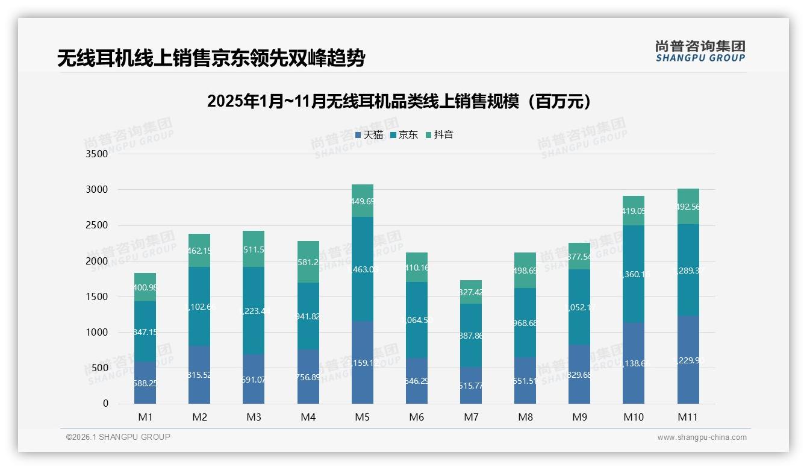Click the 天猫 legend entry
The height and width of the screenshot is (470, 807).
(369, 135)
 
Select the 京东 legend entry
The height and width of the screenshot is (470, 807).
(404, 135)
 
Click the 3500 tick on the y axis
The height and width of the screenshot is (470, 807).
(97, 154)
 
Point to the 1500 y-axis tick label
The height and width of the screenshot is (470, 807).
(97, 296)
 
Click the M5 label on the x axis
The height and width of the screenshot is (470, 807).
(363, 417)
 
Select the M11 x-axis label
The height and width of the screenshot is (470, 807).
(688, 417)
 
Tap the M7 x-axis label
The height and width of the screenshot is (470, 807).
(471, 417)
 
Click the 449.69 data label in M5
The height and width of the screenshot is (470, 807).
(363, 201)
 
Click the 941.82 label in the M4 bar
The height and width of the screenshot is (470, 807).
(308, 316)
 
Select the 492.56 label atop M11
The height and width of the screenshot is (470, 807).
(688, 207)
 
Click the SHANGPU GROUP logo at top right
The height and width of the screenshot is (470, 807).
(700, 51)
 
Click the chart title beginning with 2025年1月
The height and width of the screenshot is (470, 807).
(399, 101)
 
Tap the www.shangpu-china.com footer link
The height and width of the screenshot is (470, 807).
(702, 437)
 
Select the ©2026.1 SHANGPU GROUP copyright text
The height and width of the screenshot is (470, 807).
(118, 437)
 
